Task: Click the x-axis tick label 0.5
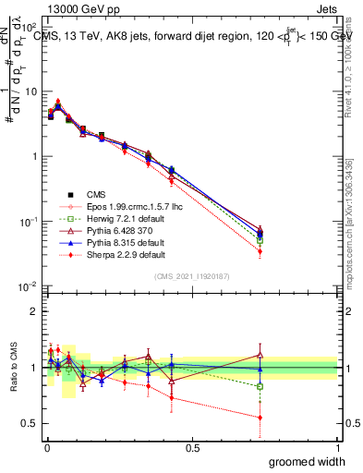coord(192,447)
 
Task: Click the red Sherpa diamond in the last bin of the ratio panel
coord(260,418)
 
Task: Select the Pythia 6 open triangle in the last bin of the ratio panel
coord(260,355)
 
